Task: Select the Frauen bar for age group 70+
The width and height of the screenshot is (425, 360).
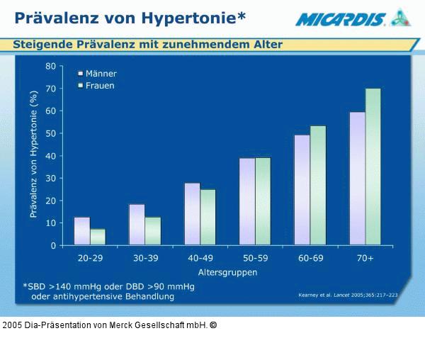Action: [373, 167]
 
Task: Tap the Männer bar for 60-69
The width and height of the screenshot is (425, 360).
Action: [302, 190]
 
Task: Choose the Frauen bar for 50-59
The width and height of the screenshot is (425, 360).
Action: [263, 201]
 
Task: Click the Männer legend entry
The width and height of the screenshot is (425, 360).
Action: [98, 74]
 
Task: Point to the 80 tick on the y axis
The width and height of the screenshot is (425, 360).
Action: [50, 66]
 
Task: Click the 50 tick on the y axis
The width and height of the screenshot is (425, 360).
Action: [50, 133]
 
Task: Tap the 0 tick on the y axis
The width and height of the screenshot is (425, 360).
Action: [53, 245]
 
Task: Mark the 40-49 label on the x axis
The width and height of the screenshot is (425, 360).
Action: [200, 258]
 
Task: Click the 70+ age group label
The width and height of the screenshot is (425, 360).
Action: [365, 258]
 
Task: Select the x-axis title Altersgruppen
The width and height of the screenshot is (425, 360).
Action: [228, 272]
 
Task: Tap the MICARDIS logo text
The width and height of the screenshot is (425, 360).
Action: [341, 19]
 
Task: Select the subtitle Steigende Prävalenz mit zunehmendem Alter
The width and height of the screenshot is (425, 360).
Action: [147, 45]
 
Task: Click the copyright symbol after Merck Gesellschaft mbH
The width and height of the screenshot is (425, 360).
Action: [213, 325]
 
